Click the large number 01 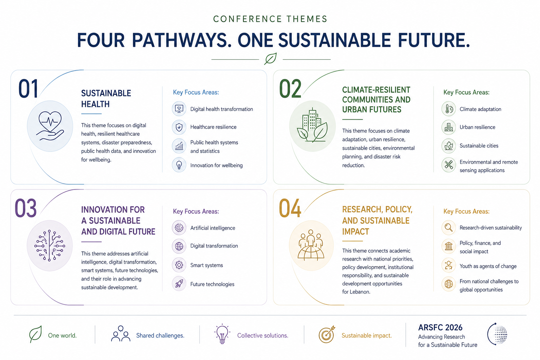click(28, 89)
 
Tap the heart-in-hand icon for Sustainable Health click(50, 126)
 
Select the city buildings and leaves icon click(312, 125)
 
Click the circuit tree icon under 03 click(50, 245)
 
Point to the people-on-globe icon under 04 click(311, 245)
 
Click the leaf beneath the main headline click(270, 59)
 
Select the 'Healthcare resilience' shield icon click(179, 127)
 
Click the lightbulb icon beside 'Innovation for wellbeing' click(179, 165)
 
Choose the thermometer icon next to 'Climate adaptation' click(449, 109)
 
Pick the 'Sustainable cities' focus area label click(479, 146)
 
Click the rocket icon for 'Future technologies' click(179, 284)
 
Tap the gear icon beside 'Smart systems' click(179, 265)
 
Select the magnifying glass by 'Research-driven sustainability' click(449, 227)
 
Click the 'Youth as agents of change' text click(488, 266)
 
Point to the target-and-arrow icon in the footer click(327, 334)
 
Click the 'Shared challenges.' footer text click(160, 335)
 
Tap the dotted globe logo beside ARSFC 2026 click(497, 334)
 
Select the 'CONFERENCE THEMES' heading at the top click(270, 19)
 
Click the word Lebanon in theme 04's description click(359, 292)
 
